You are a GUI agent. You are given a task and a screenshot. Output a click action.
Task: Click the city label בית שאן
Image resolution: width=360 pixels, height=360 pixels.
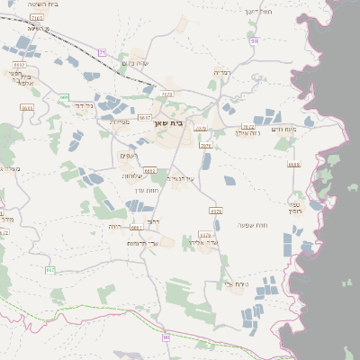coord(182,121)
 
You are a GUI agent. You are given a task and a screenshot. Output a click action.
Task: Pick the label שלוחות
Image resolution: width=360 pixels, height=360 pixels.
coord(134,175)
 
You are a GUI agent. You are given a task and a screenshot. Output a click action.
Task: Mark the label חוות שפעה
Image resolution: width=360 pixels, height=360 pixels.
coord(251,224)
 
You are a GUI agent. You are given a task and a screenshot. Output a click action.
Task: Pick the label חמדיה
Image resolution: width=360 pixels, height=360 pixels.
coord(222,71)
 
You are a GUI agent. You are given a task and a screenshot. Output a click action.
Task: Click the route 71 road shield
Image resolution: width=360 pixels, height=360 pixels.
coord(102,52)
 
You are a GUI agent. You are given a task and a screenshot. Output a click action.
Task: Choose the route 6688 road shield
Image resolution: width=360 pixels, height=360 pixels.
coord(294,165)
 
